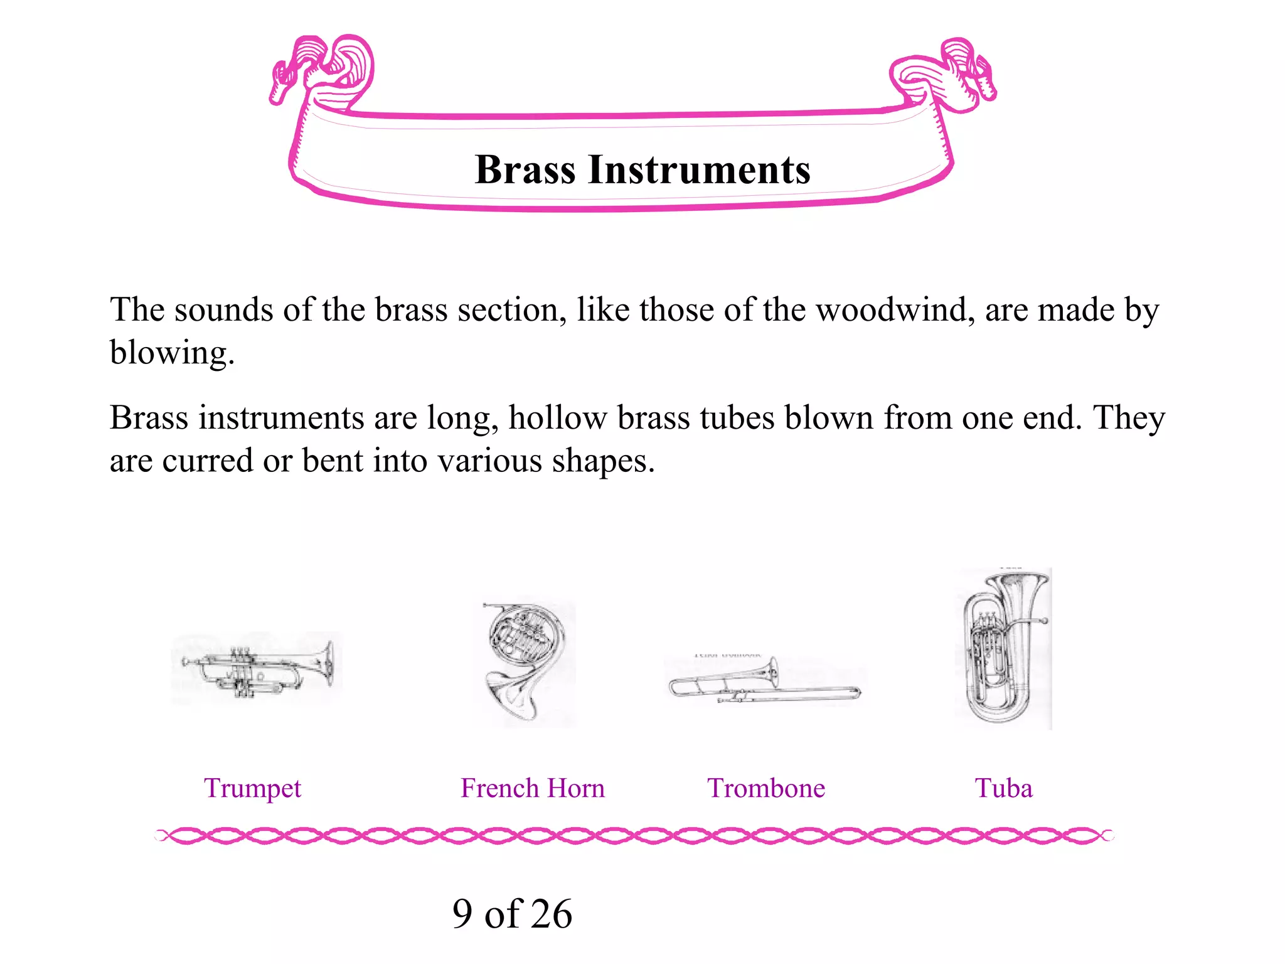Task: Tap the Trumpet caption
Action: pyautogui.click(x=252, y=788)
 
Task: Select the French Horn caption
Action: pyautogui.click(x=533, y=788)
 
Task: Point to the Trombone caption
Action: pyautogui.click(x=766, y=788)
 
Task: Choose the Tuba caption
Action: pyautogui.click(x=1003, y=788)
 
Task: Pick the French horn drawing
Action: pyautogui.click(x=527, y=662)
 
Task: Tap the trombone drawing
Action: pyautogui.click(x=764, y=683)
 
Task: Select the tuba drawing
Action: pyautogui.click(x=1003, y=650)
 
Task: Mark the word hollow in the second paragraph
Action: pyautogui.click(x=558, y=418)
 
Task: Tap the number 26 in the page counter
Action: pyautogui.click(x=550, y=914)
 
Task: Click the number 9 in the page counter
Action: pyautogui.click(x=462, y=914)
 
